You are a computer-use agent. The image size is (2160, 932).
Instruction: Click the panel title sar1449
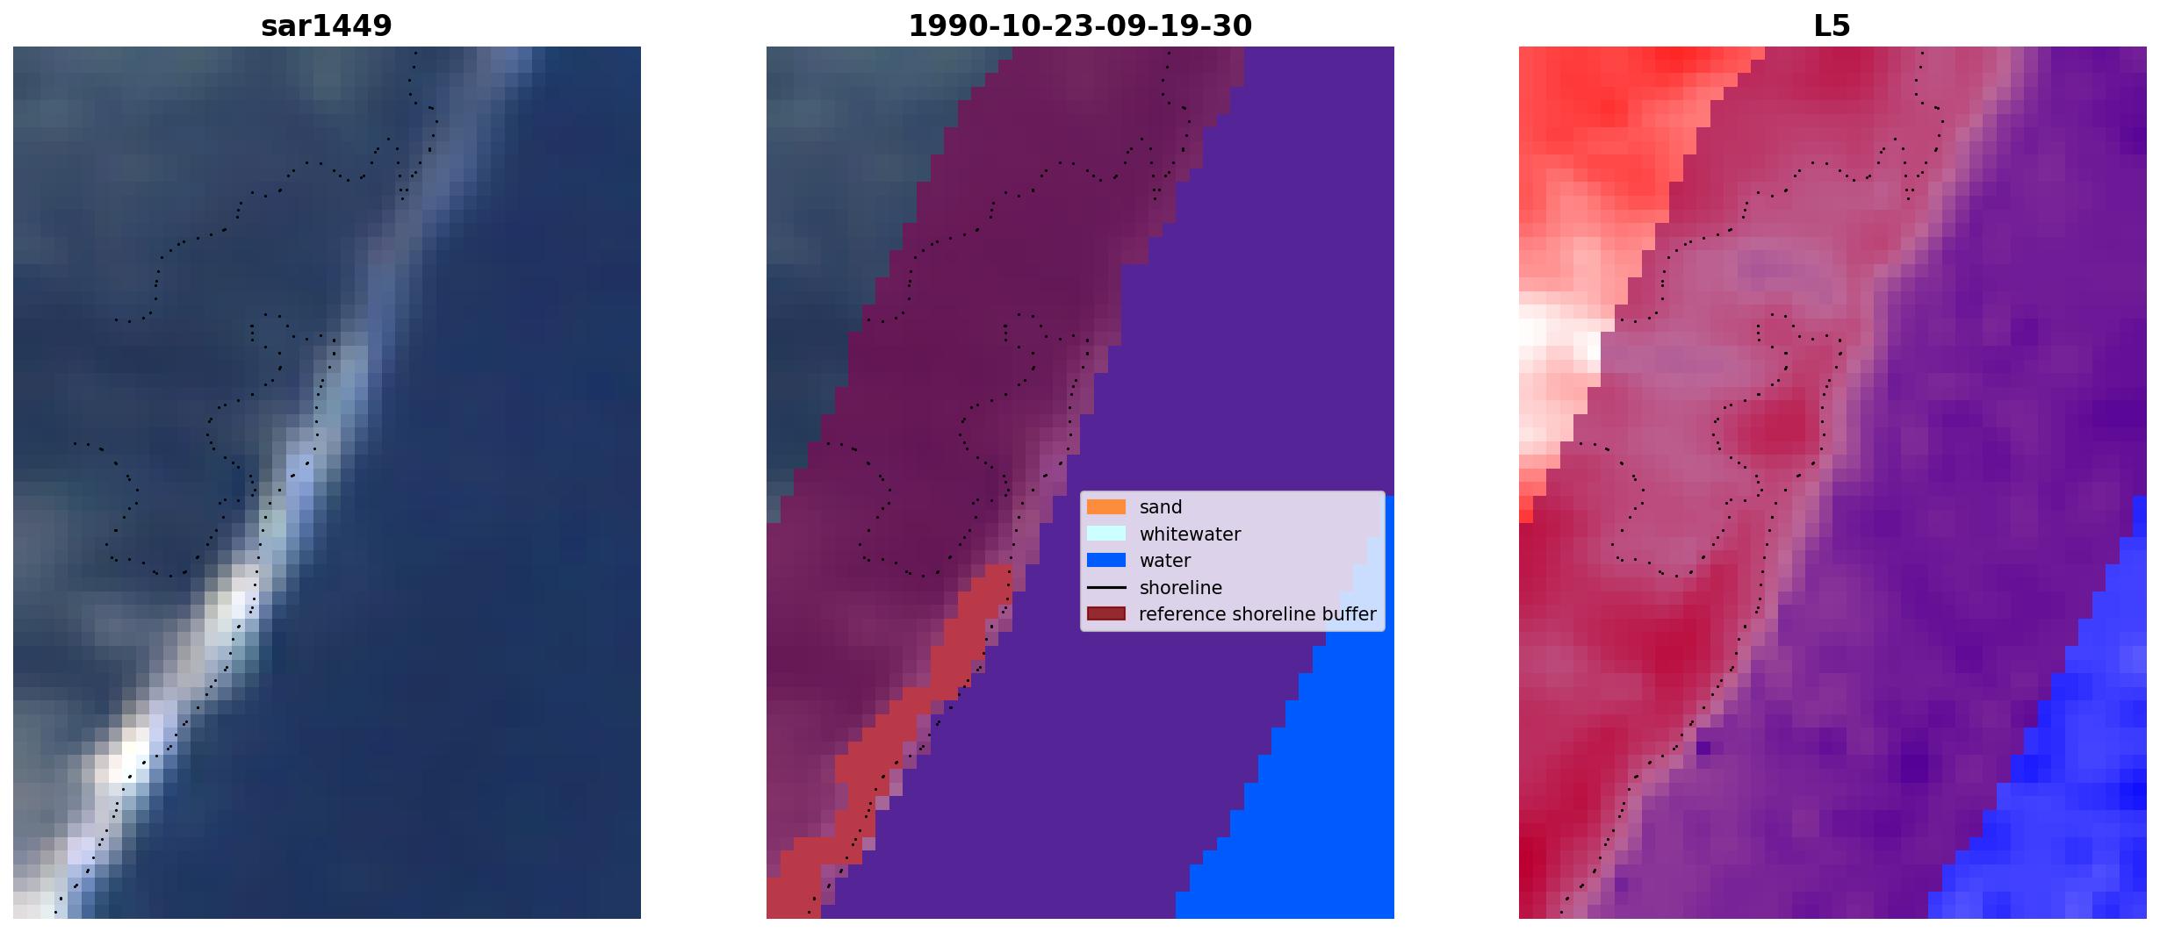click(x=326, y=26)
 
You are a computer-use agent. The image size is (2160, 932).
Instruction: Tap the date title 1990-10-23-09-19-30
click(x=1080, y=26)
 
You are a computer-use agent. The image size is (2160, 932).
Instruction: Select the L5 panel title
click(x=1832, y=26)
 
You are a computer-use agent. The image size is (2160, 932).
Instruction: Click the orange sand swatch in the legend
click(x=1106, y=507)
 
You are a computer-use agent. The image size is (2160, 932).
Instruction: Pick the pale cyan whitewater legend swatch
click(x=1106, y=534)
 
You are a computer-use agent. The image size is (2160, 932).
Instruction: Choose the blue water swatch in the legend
click(x=1106, y=561)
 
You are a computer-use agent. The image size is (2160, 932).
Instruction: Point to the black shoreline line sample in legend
click(x=1106, y=588)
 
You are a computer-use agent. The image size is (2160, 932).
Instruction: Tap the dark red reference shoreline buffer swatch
click(x=1106, y=614)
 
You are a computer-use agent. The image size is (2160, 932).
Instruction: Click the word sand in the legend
click(x=1161, y=507)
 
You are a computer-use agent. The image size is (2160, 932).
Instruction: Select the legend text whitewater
click(x=1190, y=534)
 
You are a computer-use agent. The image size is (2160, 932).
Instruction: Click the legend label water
click(x=1165, y=561)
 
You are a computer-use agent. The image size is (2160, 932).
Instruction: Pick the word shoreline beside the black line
click(x=1180, y=588)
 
